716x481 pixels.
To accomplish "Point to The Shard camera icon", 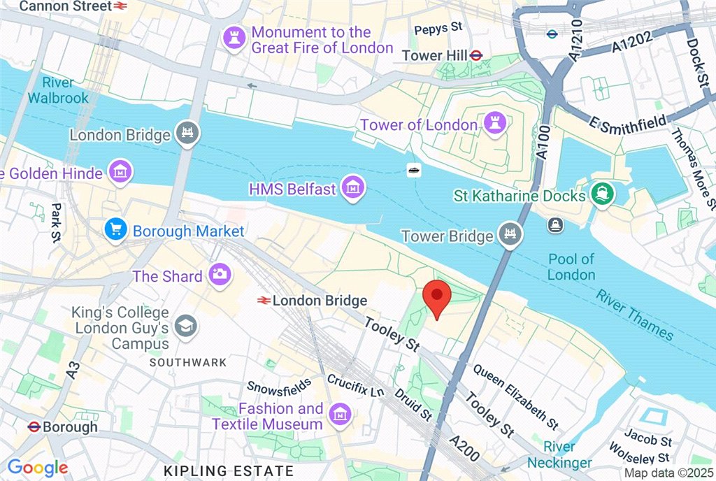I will pos(219,275).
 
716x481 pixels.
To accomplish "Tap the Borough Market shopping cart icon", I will pos(115,229).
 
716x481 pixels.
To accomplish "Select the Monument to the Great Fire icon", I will pos(233,39).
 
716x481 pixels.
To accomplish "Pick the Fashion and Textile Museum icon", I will pos(340,415).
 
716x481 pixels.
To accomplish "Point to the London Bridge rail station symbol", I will pos(264,301).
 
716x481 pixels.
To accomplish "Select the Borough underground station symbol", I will pos(33,426).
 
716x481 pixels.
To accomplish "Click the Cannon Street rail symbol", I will pos(120,6).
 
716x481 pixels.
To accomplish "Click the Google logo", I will pos(37,468).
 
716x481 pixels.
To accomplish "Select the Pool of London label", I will pos(571,266).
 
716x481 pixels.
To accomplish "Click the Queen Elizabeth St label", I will pos(515,396).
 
